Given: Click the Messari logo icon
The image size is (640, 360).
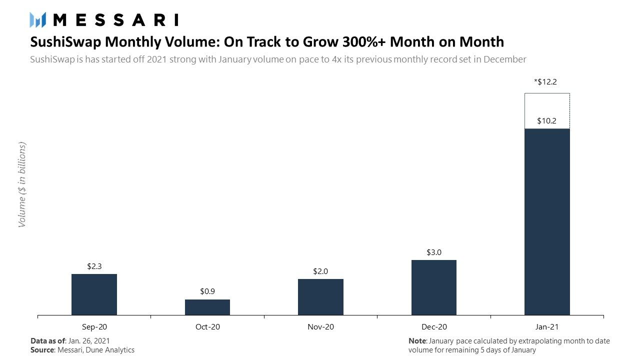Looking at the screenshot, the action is coord(37,20).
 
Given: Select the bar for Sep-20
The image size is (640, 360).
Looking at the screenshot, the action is coord(94,294).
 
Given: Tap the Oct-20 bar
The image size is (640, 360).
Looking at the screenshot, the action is coord(207,307).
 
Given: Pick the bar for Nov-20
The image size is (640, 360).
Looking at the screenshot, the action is coord(320,297).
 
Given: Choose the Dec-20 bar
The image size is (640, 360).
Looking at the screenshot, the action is coord(434,287).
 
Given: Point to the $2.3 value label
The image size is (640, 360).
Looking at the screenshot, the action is coord(94,266).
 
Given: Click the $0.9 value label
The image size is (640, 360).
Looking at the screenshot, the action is coord(207,291).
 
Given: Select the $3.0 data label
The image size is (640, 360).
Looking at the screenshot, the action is coord(434,252).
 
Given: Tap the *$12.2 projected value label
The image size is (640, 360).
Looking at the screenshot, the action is coord(545,82).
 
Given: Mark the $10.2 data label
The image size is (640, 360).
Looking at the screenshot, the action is coord(546,121).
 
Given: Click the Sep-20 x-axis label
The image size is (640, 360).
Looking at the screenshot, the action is coord(94,327).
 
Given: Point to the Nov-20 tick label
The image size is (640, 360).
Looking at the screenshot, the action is coord(320,327).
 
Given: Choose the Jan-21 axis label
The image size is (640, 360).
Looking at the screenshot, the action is coord(547,327).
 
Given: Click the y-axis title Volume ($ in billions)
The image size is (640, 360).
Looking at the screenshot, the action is coord(22,184).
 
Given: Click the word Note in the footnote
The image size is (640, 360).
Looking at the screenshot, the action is coord(417,341).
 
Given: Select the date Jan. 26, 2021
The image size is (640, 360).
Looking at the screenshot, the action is coord(89,341).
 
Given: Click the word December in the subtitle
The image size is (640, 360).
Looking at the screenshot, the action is coord(505,59).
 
